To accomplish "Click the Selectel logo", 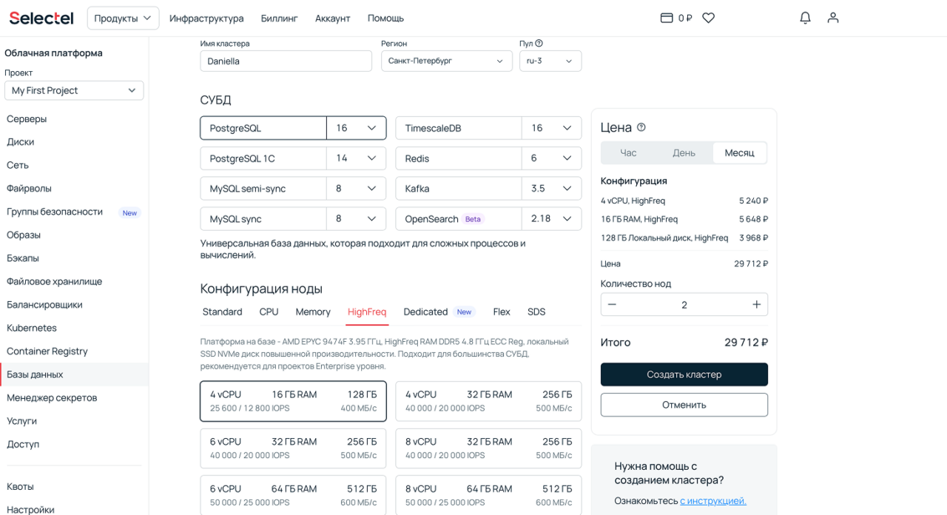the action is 41,18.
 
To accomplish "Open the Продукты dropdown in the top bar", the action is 123,18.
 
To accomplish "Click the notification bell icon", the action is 805,18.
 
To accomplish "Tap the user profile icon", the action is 833,18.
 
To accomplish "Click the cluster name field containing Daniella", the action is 286,61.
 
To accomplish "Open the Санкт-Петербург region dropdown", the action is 446,61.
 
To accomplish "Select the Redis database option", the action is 458,158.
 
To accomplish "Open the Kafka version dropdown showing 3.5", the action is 551,189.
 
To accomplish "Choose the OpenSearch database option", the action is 458,219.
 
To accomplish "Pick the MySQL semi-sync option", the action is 263,189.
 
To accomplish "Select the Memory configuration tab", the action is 313,312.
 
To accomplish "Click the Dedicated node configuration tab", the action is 425,312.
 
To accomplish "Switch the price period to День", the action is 684,152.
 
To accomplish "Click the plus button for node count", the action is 756,304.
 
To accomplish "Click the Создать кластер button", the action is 684,374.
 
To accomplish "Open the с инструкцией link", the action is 712,501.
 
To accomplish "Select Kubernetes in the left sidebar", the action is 32,328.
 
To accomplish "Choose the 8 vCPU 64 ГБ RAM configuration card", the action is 488,495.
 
